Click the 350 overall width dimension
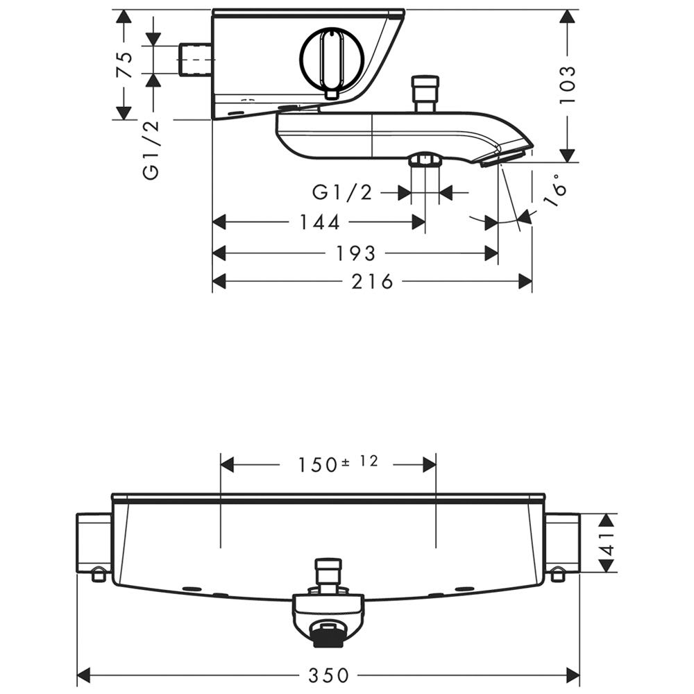click(328, 675)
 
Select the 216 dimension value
click(372, 282)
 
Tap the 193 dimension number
click(356, 253)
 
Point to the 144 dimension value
click(320, 222)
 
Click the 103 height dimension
click(568, 85)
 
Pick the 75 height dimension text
click(124, 65)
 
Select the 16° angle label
click(556, 190)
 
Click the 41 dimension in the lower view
click(609, 543)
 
